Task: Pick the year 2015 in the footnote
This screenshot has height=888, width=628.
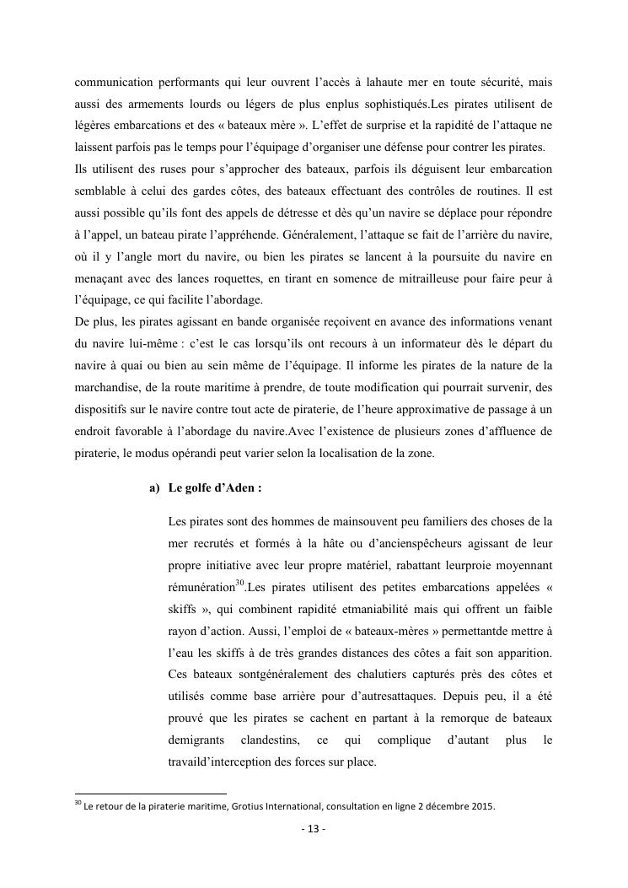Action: click(x=481, y=805)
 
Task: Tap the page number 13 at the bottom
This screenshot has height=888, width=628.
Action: click(x=314, y=828)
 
